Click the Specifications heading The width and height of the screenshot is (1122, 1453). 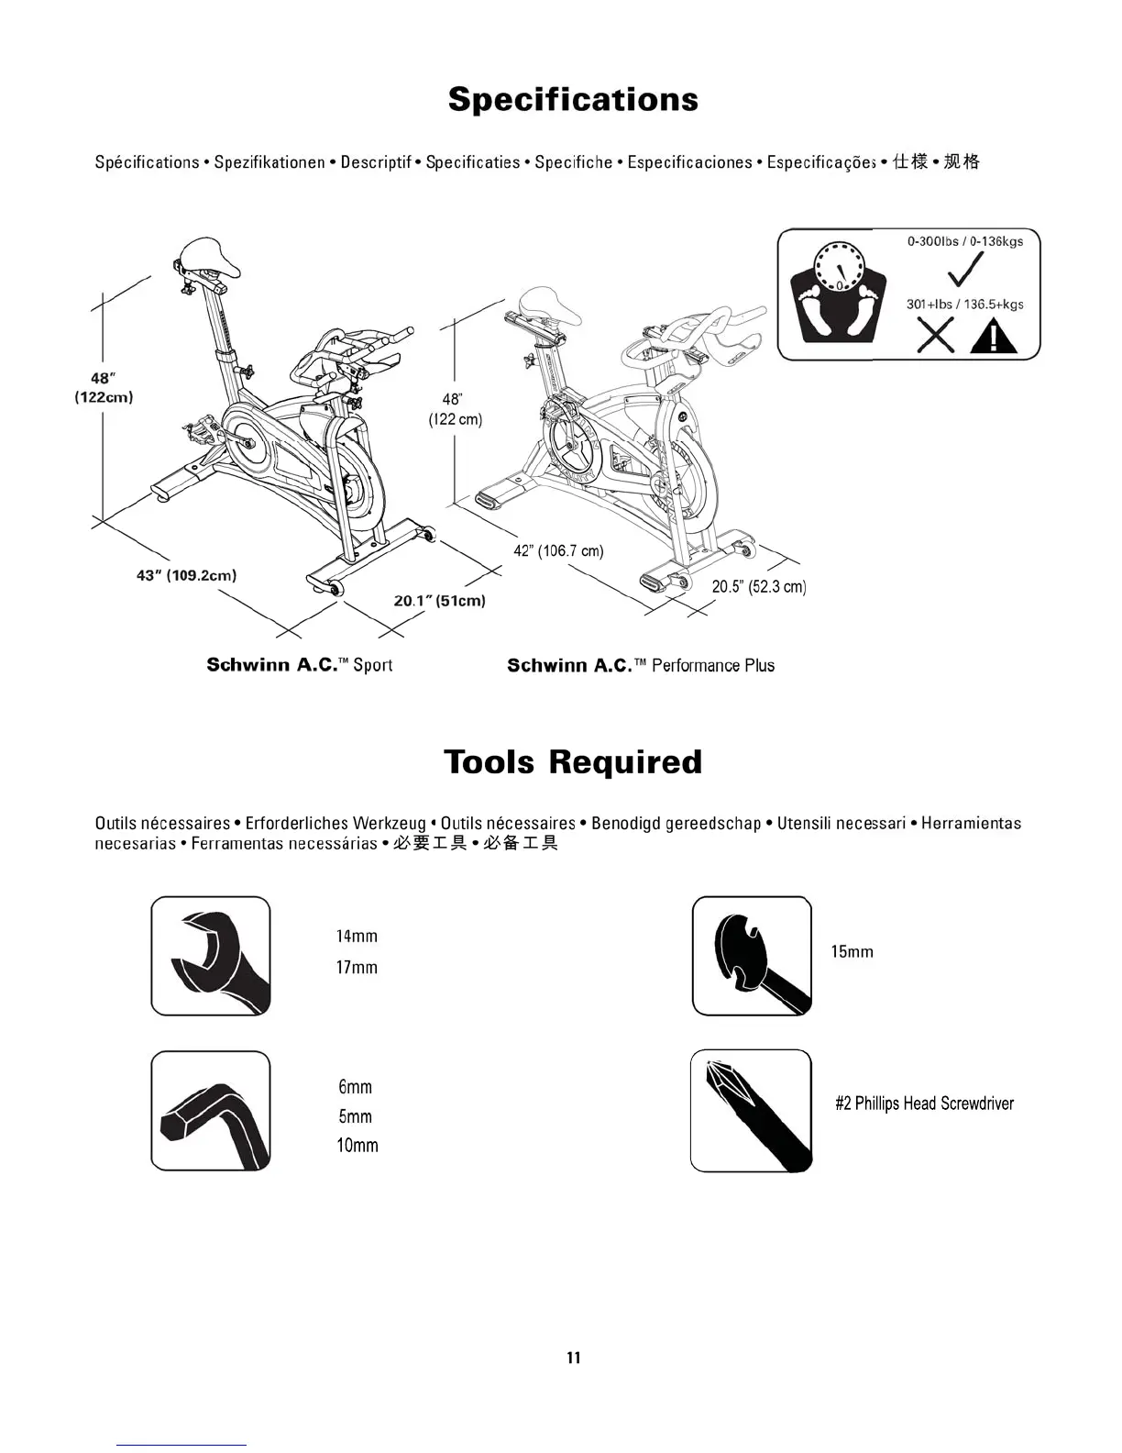point(573,100)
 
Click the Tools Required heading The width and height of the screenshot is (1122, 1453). point(573,762)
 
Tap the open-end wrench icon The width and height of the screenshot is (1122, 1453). point(211,956)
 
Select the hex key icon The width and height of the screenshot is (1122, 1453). point(211,1111)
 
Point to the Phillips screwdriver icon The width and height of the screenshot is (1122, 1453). point(752,1111)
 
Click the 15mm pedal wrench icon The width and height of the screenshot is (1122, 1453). point(752,956)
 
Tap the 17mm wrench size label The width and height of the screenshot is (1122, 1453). point(357,968)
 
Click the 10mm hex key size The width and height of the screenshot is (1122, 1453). point(357,1146)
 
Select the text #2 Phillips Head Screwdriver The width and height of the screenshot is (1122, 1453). point(924,1104)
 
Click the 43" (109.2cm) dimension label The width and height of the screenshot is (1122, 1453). point(186,575)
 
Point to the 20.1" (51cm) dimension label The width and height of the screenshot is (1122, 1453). point(439,601)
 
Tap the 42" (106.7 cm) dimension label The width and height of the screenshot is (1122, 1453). point(558,551)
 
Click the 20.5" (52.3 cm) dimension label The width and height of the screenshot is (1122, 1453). point(759,587)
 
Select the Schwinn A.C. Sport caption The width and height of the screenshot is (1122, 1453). point(299,665)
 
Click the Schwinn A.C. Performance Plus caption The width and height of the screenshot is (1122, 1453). point(641,666)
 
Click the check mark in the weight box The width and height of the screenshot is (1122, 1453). point(965,271)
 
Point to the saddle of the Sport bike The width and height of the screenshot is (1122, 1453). point(210,256)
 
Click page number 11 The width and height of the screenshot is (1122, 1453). point(574,1358)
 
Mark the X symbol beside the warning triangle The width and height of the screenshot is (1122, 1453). point(935,336)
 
